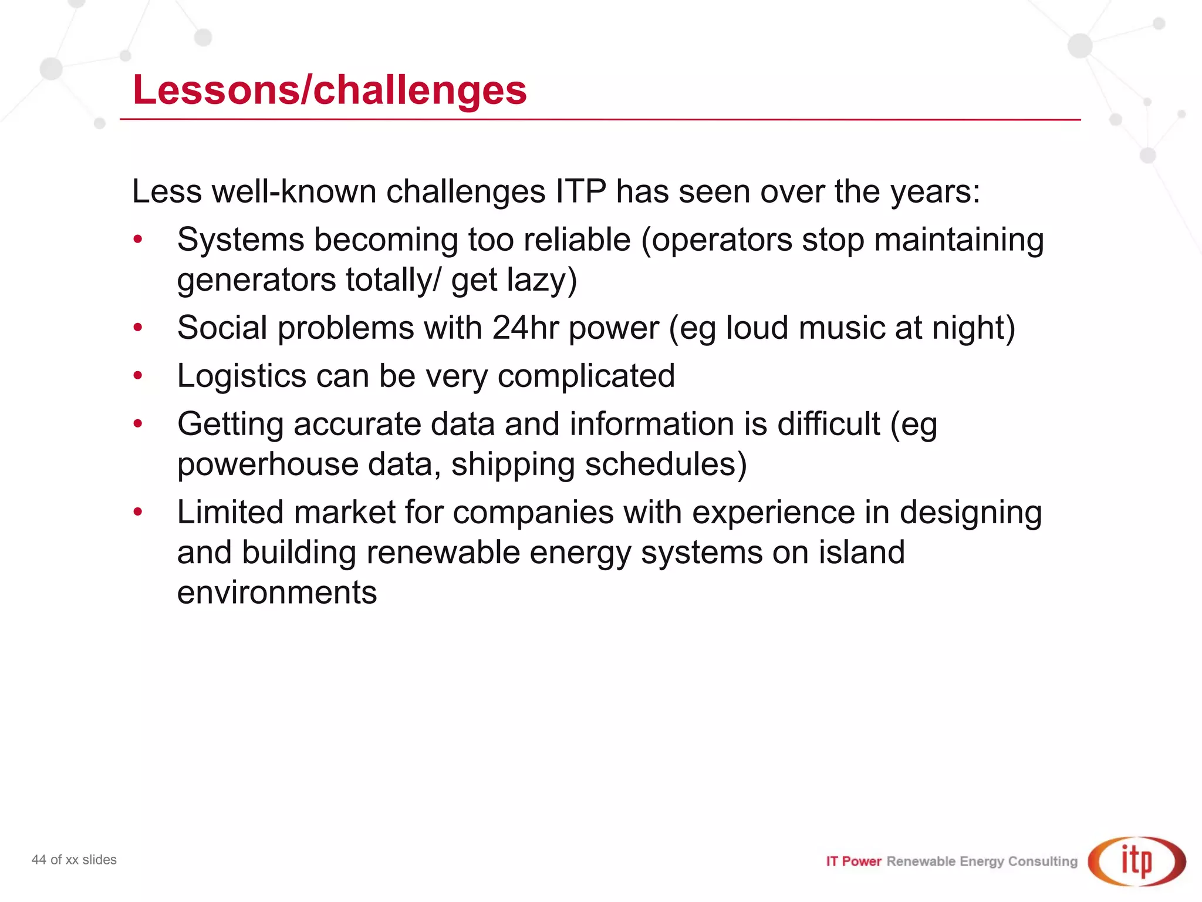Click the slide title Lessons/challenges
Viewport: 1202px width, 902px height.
329,90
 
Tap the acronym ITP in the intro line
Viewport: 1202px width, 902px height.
580,191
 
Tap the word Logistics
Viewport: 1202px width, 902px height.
241,376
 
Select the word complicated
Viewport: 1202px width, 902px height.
586,376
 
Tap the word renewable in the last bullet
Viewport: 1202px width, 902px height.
443,553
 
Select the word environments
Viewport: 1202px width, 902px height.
277,593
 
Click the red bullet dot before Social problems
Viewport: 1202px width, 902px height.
138,327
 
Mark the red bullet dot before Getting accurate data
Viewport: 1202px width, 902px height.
138,423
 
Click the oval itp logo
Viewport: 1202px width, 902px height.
1136,861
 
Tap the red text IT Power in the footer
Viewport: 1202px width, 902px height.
853,861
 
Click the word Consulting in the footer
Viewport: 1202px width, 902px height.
1043,861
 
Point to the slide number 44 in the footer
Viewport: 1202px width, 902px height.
39,860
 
